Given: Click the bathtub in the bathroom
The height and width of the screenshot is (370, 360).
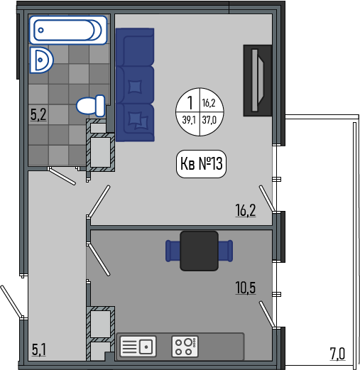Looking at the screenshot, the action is (68, 30).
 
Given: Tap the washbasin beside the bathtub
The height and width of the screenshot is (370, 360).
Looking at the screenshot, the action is (41, 60).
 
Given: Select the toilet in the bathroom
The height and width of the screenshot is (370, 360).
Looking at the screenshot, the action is (91, 106).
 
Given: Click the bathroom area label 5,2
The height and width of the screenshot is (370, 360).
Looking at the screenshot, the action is (38, 114).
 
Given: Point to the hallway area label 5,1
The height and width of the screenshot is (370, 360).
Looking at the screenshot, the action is (39, 350).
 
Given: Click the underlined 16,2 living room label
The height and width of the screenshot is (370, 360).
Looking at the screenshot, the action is (246, 210).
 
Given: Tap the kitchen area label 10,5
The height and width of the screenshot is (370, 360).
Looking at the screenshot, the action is (246, 288).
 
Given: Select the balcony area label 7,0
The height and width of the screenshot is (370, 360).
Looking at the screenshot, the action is (337, 354).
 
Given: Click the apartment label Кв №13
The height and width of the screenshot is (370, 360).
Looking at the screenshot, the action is (201, 163).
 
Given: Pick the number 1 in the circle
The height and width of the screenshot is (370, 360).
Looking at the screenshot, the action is (190, 102).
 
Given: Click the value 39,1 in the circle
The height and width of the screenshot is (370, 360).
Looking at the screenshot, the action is (189, 120).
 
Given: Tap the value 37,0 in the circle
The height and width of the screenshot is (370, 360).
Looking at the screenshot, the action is (209, 120).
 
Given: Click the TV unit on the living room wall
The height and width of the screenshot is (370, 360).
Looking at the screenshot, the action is (258, 80).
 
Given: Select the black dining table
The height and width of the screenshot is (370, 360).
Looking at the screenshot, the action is (199, 251).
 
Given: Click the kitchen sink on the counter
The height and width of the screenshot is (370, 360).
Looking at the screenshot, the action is (138, 347).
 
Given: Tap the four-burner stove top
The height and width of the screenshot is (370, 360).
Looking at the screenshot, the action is (185, 347).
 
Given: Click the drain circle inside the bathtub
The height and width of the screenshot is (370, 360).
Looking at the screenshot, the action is (41, 30).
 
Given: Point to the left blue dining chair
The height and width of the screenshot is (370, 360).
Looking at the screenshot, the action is (173, 251).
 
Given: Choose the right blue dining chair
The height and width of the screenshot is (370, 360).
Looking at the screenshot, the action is (226, 251).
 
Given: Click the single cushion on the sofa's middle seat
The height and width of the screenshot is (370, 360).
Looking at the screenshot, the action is (135, 87).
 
